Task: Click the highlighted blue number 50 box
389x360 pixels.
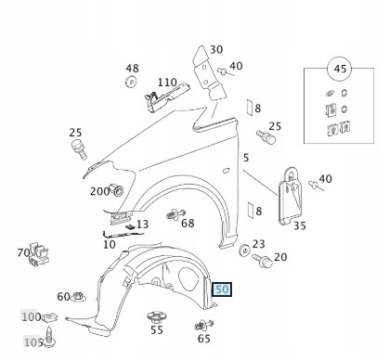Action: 222,289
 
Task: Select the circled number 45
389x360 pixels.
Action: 340,69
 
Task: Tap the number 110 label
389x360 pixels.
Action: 167,83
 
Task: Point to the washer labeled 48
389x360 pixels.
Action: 132,82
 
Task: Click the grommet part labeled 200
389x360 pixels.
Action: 117,190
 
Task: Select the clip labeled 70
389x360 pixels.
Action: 39,253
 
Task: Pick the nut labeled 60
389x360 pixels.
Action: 78,297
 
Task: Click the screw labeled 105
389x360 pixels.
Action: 49,336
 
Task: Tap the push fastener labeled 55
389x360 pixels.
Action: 156,317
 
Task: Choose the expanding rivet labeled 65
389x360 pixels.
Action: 204,325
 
